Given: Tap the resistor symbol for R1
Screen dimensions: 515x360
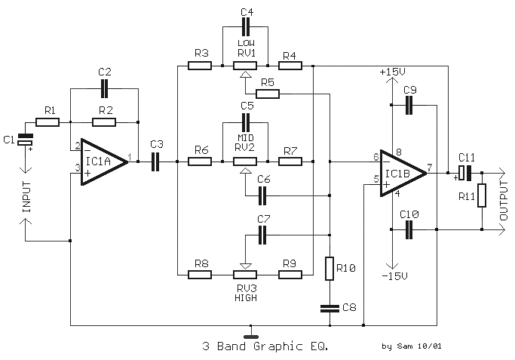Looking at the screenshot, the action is point(48,122).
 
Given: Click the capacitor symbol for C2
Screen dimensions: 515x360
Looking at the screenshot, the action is point(104,89).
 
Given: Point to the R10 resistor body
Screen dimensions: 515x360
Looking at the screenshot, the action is point(330,269).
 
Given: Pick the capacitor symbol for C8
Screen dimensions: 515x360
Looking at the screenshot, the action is point(330,309).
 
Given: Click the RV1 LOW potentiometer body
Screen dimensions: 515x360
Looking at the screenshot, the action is point(245,66).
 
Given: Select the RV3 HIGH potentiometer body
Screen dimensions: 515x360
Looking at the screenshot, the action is point(245,274).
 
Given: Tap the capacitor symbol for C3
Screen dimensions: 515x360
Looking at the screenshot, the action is point(155,162).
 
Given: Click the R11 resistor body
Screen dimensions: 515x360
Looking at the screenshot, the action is point(482,195).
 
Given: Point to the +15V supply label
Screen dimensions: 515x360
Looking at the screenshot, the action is point(392,72).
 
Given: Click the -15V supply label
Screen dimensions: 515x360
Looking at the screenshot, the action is point(394,276).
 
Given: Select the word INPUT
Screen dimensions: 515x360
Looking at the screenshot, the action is point(26,196).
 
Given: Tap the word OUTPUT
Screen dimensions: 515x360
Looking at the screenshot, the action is point(504,201).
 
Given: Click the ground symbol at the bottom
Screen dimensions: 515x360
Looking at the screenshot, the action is point(251,337).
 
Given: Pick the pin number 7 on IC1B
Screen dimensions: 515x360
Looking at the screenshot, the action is point(430,168).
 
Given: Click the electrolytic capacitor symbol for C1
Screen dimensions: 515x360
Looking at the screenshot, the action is point(25,140).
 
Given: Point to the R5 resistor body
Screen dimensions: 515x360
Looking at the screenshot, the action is point(268,94).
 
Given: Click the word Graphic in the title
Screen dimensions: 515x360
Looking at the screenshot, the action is point(278,346).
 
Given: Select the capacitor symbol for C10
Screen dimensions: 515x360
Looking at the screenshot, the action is point(409,229).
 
